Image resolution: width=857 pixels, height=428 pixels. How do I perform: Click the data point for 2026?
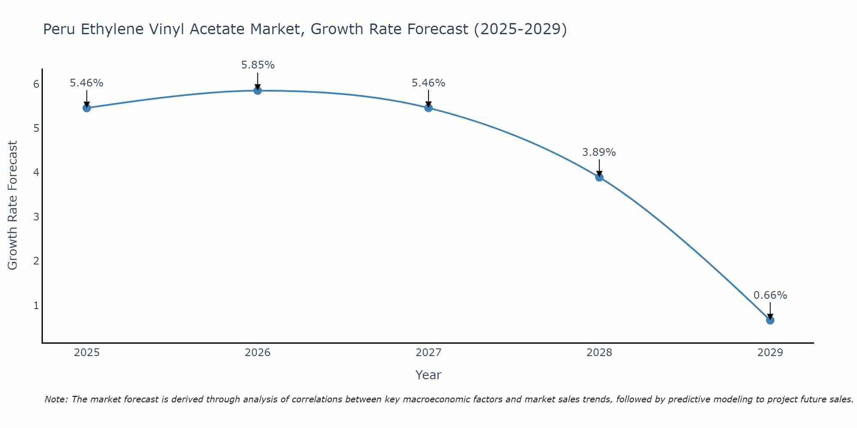pyautogui.click(x=258, y=90)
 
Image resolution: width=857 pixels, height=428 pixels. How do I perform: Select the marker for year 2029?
pyautogui.click(x=770, y=320)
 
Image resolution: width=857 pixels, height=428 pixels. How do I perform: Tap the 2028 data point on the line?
pyautogui.click(x=599, y=177)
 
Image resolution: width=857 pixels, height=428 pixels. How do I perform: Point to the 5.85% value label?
pyautogui.click(x=258, y=65)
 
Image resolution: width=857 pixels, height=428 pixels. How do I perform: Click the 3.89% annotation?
pyautogui.click(x=599, y=152)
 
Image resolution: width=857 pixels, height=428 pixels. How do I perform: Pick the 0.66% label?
pyautogui.click(x=770, y=295)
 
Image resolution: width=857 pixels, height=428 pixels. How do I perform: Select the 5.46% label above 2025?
pyautogui.click(x=87, y=83)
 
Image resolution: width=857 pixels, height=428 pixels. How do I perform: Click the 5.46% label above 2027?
pyautogui.click(x=428, y=83)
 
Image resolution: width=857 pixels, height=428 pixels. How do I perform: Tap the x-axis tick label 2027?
pyautogui.click(x=428, y=353)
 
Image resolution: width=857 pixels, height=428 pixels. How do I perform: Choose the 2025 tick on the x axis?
pyautogui.click(x=87, y=353)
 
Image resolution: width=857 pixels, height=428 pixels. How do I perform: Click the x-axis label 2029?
pyautogui.click(x=770, y=353)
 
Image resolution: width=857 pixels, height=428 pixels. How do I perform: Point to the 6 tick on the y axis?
pyautogui.click(x=36, y=84)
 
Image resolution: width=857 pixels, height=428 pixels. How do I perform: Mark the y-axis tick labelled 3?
pyautogui.click(x=36, y=217)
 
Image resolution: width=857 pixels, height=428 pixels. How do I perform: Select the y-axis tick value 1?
pyautogui.click(x=36, y=306)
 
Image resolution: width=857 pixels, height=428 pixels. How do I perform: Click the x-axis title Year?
pyautogui.click(x=428, y=375)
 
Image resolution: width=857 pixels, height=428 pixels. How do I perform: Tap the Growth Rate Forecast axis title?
pyautogui.click(x=13, y=205)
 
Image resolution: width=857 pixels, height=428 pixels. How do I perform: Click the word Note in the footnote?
pyautogui.click(x=56, y=399)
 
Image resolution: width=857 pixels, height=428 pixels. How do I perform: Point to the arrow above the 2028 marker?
pyautogui.click(x=599, y=167)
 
